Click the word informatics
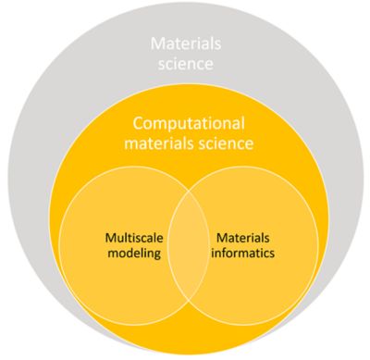tap(245, 256)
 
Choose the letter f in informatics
tap(228, 256)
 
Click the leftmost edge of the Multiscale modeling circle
tap(57, 248)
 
